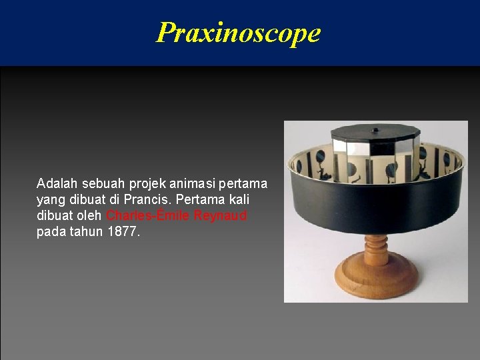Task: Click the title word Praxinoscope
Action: (239, 32)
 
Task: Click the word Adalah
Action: (56, 183)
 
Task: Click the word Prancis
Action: (148, 199)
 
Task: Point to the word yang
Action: (49, 200)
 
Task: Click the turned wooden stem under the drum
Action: (375, 247)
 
